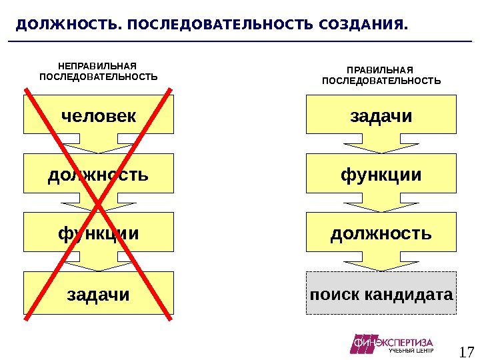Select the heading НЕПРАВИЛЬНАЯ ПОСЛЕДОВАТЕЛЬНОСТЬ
(98, 71)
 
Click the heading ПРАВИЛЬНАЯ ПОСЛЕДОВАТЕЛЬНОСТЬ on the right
(381, 76)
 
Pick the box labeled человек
(98, 115)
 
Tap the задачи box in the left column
(98, 293)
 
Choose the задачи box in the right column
(381, 115)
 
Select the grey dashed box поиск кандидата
(381, 293)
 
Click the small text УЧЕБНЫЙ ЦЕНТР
(411, 351)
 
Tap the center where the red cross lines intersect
(98, 202)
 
